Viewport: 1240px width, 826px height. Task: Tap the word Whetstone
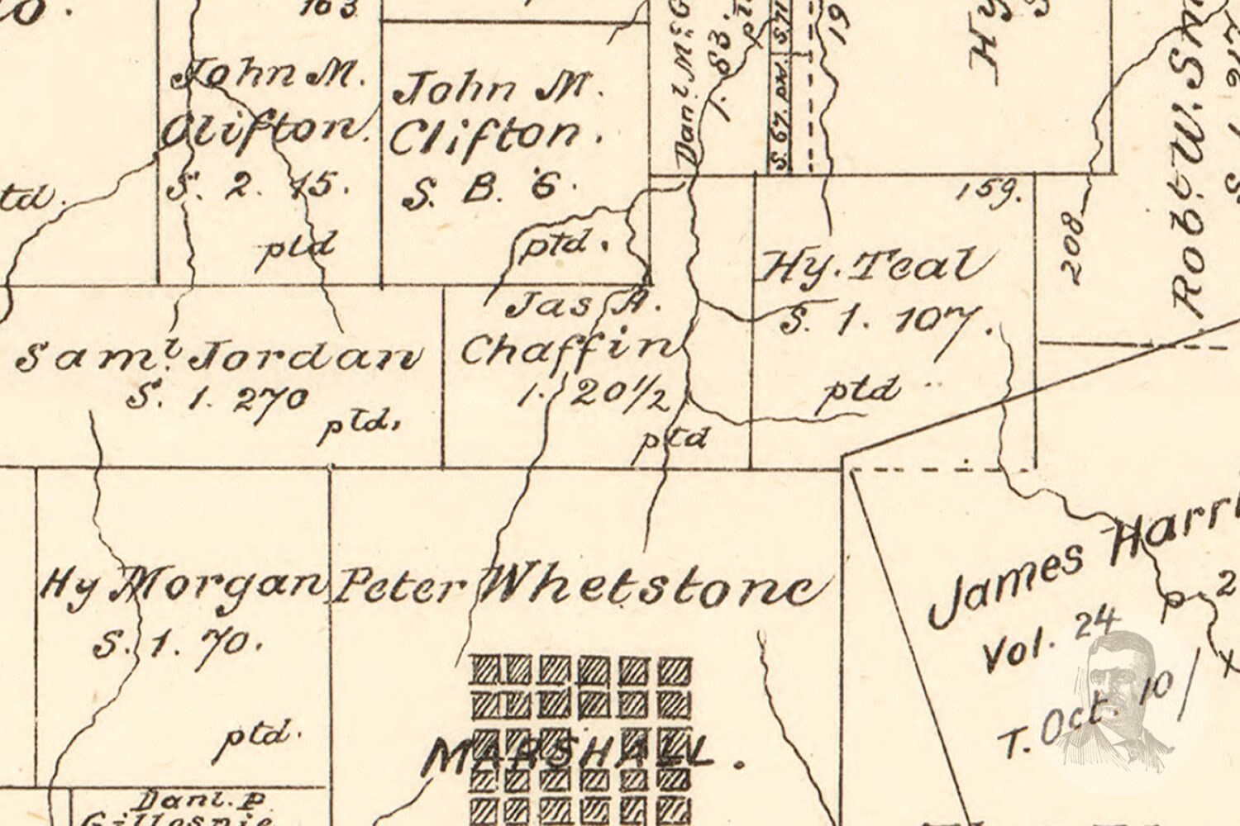pyautogui.click(x=653, y=588)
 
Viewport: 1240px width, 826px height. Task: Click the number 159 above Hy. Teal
pyautogui.click(x=990, y=192)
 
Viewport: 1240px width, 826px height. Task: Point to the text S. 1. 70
pyautogui.click(x=176, y=641)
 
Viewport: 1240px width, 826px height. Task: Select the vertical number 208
pyautogui.click(x=1071, y=248)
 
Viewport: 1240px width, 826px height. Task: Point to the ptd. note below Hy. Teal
pyautogui.click(x=858, y=390)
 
